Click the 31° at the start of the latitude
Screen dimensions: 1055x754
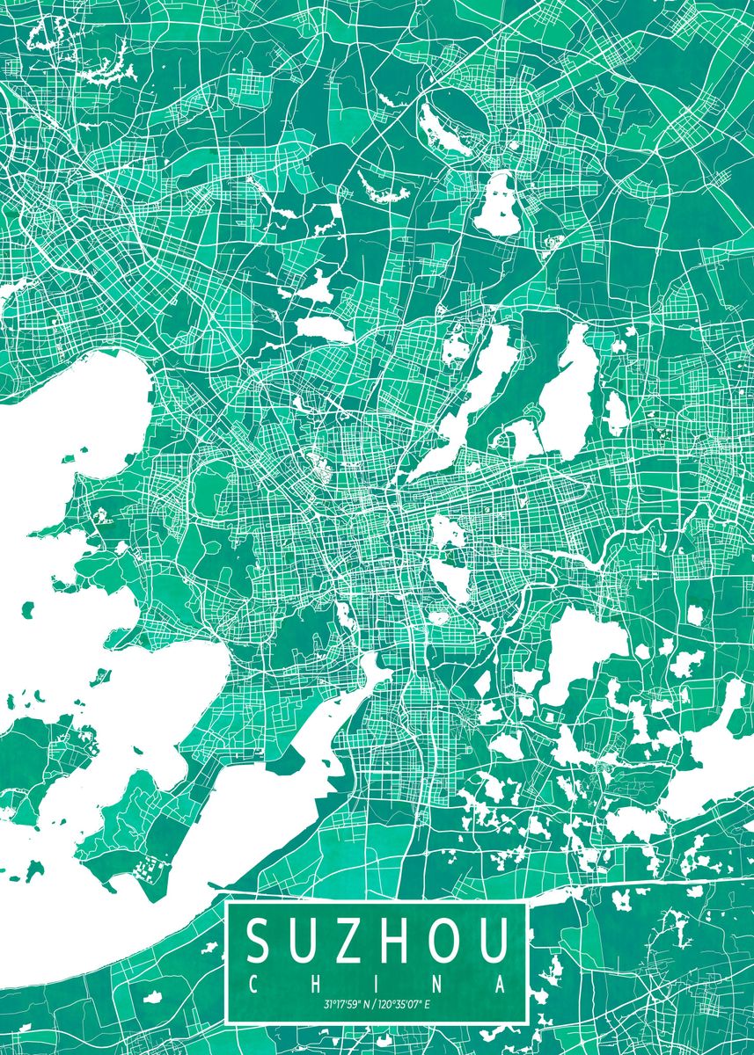point(327,1005)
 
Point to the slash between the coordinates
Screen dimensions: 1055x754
point(372,1005)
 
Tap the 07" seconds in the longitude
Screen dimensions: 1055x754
point(415,1005)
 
